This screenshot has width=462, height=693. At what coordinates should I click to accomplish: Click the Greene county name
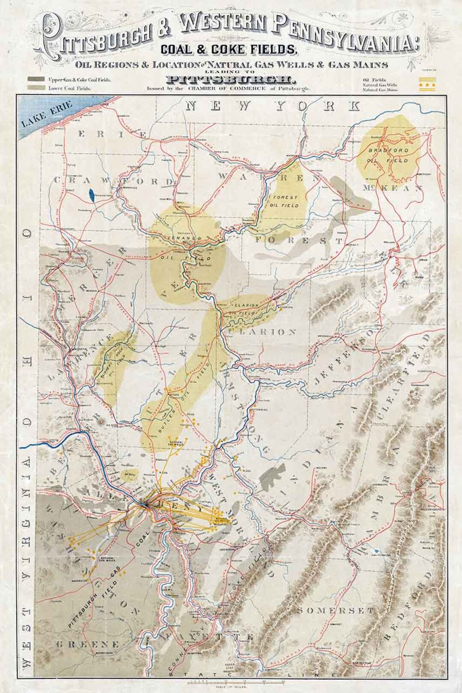[88, 644]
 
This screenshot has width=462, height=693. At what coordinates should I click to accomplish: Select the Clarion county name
[262, 332]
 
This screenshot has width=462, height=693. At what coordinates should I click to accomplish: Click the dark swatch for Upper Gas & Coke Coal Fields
[36, 80]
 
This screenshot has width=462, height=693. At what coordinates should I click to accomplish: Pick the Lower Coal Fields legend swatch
[36, 88]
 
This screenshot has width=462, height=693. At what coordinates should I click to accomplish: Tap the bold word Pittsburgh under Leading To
[230, 80]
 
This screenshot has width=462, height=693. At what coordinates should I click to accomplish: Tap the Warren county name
[261, 176]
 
